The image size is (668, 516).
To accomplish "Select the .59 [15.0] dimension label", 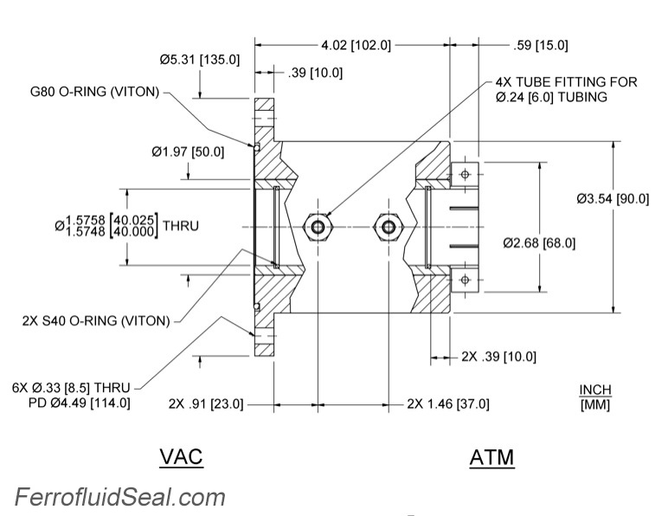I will tap(541, 44).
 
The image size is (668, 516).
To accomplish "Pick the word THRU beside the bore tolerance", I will tap(180, 226).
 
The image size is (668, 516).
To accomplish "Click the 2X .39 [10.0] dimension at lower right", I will tap(498, 357).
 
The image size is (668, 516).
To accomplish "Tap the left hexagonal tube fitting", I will tap(318, 227).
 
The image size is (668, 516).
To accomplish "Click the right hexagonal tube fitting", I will tap(386, 227).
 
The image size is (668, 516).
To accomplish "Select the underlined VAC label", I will tap(181, 456).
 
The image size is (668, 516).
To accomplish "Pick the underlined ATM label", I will tap(491, 457).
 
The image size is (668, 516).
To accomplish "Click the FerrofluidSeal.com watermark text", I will tap(119, 497).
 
